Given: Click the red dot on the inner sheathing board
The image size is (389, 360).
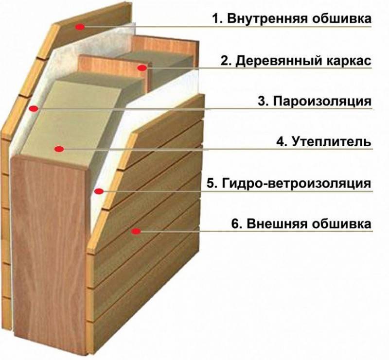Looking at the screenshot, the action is tap(80, 27).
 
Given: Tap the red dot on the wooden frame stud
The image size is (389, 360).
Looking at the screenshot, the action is tap(142, 68).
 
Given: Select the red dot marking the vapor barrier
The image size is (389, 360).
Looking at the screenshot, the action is tap(34, 109).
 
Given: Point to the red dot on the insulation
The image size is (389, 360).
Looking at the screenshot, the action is tap(59, 149).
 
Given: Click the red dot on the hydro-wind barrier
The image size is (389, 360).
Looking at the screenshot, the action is tap(99, 191).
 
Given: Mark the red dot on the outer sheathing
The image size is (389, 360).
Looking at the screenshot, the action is tap(136, 232).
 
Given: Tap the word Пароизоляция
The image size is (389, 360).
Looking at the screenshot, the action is tap(322, 102).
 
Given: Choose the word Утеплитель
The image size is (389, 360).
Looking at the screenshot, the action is tap(332, 142).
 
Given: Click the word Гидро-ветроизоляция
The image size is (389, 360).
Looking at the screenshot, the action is tap(297, 184).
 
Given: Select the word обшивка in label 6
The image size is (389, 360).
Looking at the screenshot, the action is tap(341, 224).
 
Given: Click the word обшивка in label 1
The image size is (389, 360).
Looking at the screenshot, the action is tap(341, 19).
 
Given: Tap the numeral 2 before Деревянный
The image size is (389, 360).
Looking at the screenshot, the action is tap(225, 61).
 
